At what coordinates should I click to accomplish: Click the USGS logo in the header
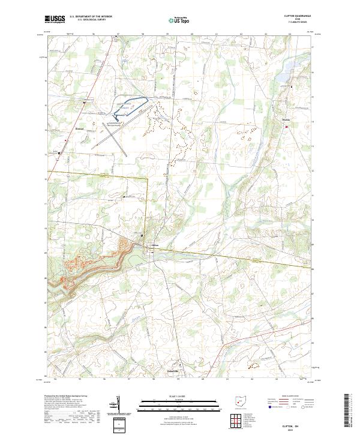pos(55,20)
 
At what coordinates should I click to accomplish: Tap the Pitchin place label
pos(286,121)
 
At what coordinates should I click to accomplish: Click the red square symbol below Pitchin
pos(286,127)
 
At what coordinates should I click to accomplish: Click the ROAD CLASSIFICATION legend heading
pos(280,397)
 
